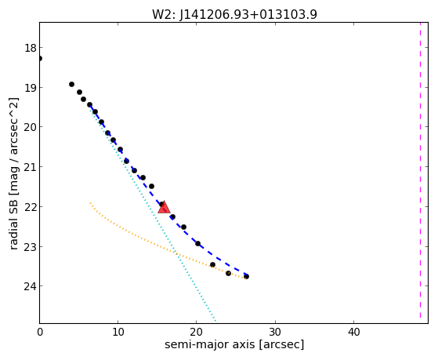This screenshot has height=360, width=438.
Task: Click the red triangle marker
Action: pyautogui.click(x=164, y=207)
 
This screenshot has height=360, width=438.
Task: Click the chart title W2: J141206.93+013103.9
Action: pyautogui.click(x=234, y=14)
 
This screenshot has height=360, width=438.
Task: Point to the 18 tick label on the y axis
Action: pyautogui.click(x=31, y=48)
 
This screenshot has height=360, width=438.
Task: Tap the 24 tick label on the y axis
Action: pyautogui.click(x=31, y=286)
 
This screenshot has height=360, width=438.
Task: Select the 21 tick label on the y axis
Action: pyautogui.click(x=31, y=167)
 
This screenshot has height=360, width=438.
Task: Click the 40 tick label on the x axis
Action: pyautogui.click(x=353, y=332)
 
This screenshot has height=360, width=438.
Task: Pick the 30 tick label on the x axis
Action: pyautogui.click(x=275, y=332)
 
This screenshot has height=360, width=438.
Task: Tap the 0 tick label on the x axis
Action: pyautogui.click(x=40, y=332)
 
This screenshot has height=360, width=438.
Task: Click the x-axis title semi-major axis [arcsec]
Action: pyautogui.click(x=234, y=344)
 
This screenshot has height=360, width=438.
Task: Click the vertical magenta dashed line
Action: pyautogui.click(x=420, y=170)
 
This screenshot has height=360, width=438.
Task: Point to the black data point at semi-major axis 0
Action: pyautogui.click(x=40, y=58)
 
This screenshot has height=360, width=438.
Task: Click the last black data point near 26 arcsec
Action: pyautogui.click(x=246, y=276)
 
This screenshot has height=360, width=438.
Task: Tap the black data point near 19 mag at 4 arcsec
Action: pyautogui.click(x=71, y=84)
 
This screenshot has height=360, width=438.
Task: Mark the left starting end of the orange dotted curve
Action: pyautogui.click(x=90, y=202)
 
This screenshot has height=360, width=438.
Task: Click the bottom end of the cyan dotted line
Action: pyautogui.click(x=215, y=321)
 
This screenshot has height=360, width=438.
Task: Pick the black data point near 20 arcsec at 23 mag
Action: pyautogui.click(x=197, y=243)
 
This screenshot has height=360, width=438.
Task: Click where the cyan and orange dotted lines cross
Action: pyautogui.click(x=176, y=253)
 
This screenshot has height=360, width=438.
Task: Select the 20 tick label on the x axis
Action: pyautogui.click(x=197, y=332)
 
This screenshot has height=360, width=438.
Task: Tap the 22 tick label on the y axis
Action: pyautogui.click(x=31, y=207)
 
